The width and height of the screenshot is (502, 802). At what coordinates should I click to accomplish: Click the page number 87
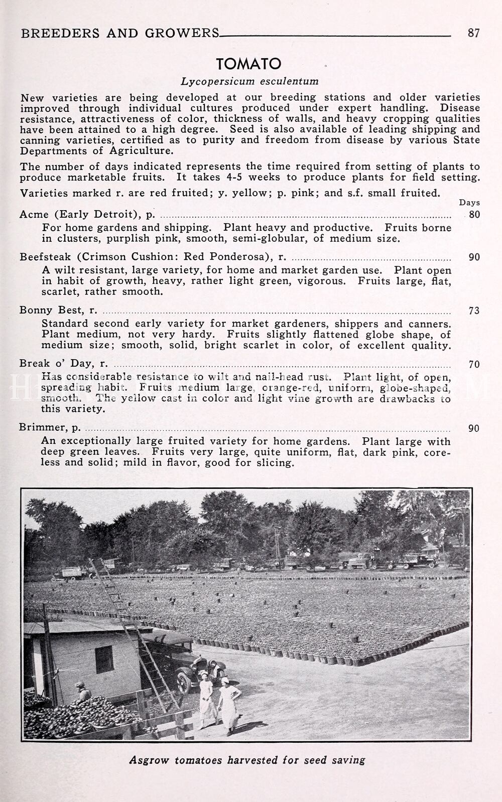point(473,33)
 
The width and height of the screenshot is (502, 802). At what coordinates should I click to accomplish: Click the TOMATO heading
point(248,64)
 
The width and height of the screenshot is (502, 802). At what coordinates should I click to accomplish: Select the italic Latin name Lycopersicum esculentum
point(249,81)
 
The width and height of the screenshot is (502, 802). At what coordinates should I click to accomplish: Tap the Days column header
point(469,203)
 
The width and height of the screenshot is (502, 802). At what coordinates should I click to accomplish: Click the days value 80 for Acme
point(474,215)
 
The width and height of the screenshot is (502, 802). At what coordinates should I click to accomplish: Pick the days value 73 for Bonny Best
point(474,310)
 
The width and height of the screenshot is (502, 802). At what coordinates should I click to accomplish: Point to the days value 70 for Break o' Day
point(474,364)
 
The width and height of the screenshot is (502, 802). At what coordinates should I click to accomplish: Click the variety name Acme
point(34,215)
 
